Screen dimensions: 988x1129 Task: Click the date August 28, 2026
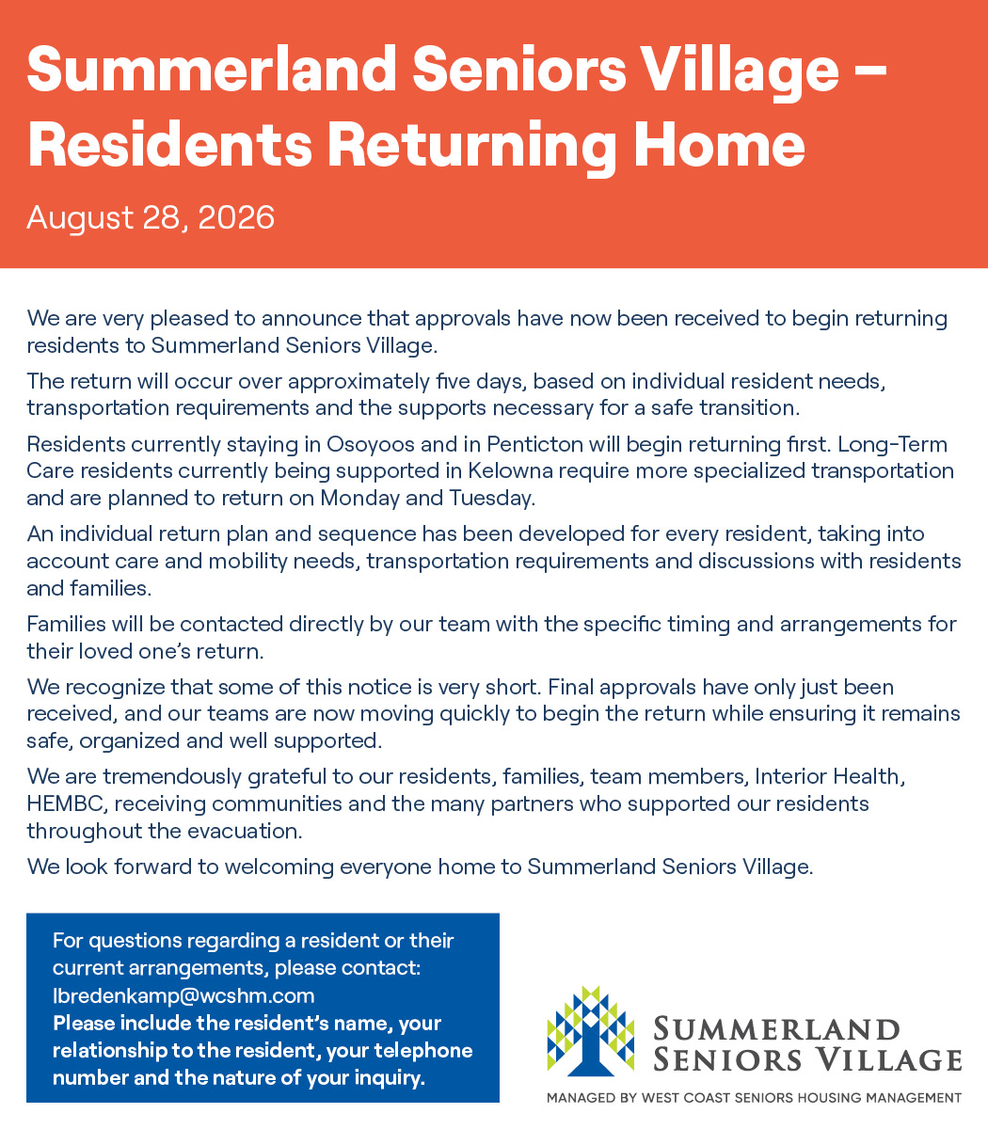pyautogui.click(x=151, y=217)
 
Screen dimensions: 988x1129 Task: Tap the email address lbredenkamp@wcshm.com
pyautogui.click(x=183, y=995)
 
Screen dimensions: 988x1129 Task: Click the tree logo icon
pyautogui.click(x=590, y=1030)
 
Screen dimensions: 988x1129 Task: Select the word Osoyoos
pyautogui.click(x=370, y=444)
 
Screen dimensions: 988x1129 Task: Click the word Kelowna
pyautogui.click(x=511, y=470)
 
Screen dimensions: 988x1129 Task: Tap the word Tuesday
pyautogui.click(x=492, y=499)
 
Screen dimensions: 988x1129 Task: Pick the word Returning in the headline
pyautogui.click(x=471, y=145)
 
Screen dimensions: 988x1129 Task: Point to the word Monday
pyautogui.click(x=359, y=499)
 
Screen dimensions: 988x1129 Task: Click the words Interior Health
pyautogui.click(x=830, y=776)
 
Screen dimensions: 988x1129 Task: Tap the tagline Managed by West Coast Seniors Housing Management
pyautogui.click(x=754, y=1098)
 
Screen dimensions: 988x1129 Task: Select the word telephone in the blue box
pyautogui.click(x=423, y=1050)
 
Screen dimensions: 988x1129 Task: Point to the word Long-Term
pyautogui.click(x=893, y=444)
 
